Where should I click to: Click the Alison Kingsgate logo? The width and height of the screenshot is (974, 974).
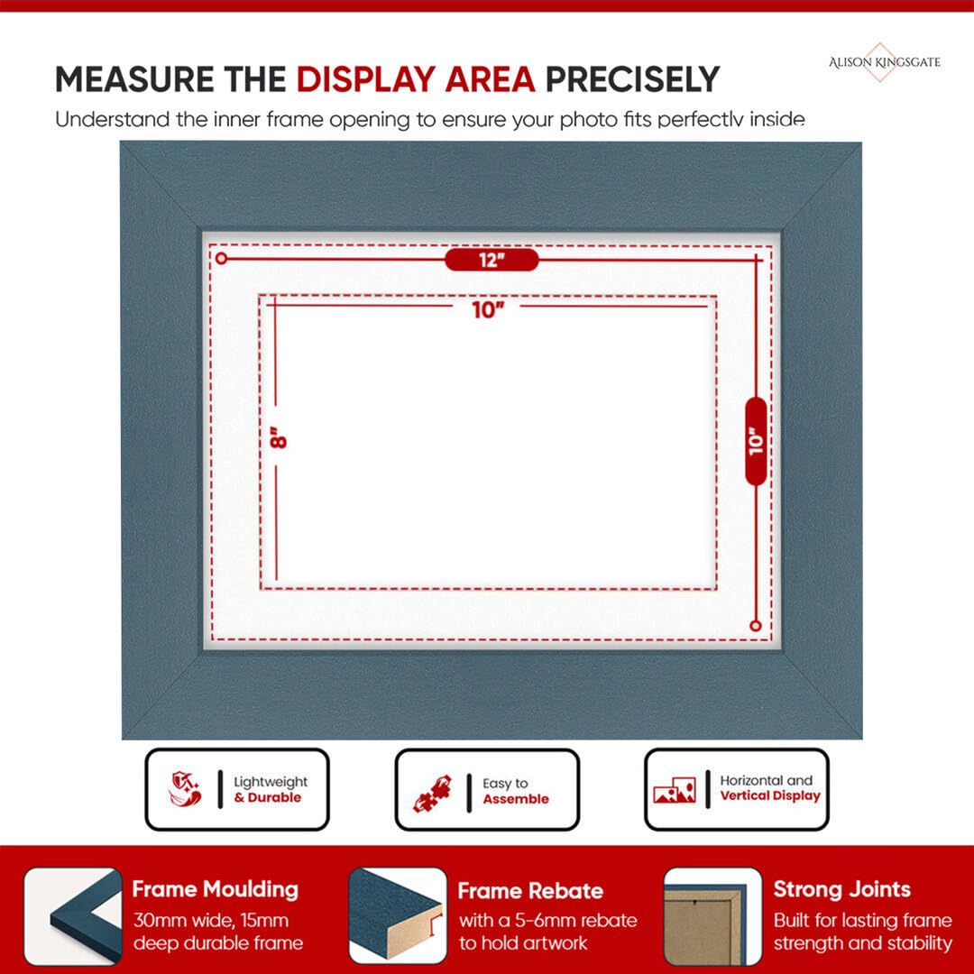coord(884,62)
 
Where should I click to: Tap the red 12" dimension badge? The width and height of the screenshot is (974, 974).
coord(492,260)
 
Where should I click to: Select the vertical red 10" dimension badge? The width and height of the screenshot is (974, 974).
coord(756,441)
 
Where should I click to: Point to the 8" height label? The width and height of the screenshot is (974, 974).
coord(278,437)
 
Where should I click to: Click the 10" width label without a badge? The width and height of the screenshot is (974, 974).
coord(488,310)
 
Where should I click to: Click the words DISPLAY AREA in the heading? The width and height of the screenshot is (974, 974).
coord(416,79)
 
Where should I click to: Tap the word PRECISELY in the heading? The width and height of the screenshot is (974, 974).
coord(632,79)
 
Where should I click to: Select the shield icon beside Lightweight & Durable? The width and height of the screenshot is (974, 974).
coord(185,789)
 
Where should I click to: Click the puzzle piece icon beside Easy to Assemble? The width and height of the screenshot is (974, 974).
coord(432,793)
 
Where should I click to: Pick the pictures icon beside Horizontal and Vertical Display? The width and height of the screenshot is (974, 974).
coord(674,790)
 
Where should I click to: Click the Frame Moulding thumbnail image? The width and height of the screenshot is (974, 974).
coord(73,916)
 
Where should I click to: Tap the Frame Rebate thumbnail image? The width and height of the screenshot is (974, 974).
coord(398,916)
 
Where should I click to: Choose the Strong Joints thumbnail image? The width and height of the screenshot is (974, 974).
coord(712,916)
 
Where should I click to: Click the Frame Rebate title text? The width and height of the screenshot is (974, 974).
coord(530,891)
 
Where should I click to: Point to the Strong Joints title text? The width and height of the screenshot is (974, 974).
coord(841,889)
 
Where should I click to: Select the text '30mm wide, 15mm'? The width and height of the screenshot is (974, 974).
coord(211,921)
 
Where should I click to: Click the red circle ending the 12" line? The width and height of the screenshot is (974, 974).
coord(222,259)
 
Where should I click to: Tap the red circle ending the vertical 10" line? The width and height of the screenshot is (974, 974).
coord(756,626)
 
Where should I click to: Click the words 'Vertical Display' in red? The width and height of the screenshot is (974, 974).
coord(770,796)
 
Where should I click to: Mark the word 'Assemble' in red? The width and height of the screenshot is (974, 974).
coord(516,799)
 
